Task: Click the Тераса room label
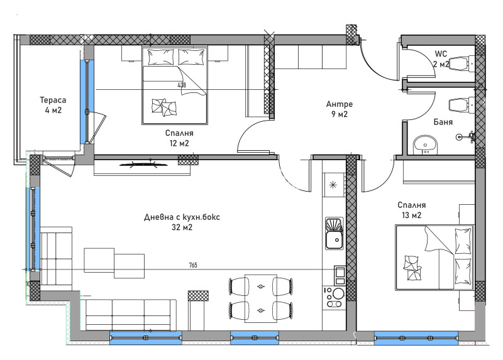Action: point(53,100)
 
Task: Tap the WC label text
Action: point(441,53)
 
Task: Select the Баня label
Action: point(443,122)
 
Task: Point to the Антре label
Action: point(340,104)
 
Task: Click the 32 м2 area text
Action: point(182,227)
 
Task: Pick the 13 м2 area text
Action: point(411,215)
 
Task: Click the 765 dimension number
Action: point(193,265)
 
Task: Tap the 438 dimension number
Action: point(182,85)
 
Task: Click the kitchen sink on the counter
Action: point(334,233)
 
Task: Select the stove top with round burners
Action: point(334,298)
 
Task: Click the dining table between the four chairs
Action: point(261,298)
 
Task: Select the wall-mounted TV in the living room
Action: point(143,165)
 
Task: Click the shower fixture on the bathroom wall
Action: point(466,136)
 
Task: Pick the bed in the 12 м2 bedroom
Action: point(175,85)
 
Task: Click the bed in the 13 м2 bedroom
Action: point(434,257)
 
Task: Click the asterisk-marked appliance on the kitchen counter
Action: point(334,185)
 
